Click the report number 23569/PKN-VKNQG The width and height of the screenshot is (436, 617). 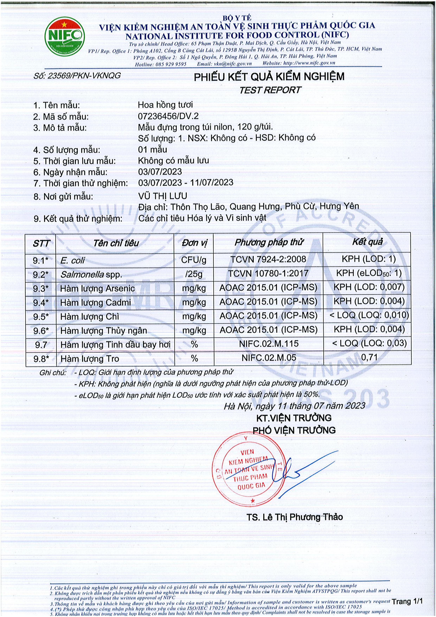click(x=77, y=76)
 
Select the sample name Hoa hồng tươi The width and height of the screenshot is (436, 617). click(x=165, y=105)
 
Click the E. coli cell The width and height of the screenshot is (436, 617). click(x=73, y=260)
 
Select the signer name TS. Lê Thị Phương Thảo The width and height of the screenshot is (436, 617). click(x=295, y=517)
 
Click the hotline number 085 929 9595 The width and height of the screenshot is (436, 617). click(x=171, y=64)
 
